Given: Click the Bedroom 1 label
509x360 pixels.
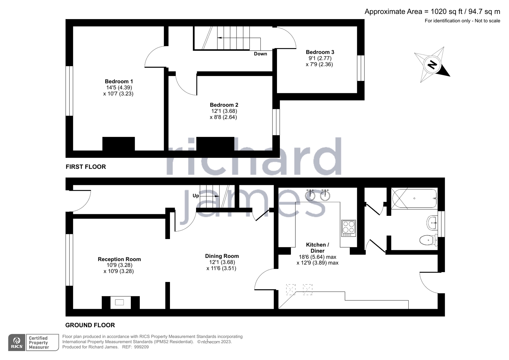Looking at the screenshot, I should pos(119,81).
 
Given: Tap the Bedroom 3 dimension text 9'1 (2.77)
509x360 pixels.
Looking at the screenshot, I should pos(320,58).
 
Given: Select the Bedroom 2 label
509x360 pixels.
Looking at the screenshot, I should pos(224,105).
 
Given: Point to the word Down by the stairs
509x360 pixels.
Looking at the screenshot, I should pos(260,54).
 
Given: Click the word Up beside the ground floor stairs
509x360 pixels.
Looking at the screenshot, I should pos(196,195).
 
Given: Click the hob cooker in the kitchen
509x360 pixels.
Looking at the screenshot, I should pos(348,228).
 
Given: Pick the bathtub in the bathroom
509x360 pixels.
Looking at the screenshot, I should pos(414,199).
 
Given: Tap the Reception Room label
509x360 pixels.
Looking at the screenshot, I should pos(119,259).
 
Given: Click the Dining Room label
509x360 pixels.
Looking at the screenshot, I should pos(222,256).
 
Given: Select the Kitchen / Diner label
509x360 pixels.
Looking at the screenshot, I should pos(317,248).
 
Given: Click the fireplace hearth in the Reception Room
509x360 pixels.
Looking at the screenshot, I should pos(119,302).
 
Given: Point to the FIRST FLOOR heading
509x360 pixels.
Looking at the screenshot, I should pos(86,167).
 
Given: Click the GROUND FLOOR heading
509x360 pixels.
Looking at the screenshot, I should pos(90,325).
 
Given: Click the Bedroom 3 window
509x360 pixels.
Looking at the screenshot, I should pos(360,68).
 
